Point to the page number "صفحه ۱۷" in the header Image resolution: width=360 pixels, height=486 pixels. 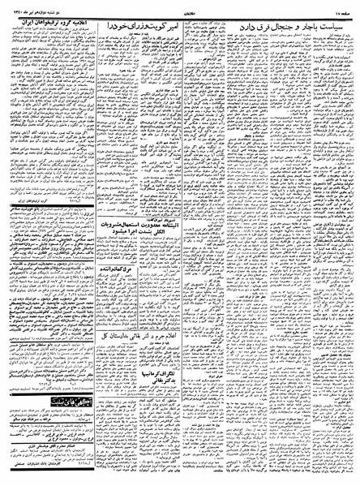341,7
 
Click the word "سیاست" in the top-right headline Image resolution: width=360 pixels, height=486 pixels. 334,27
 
